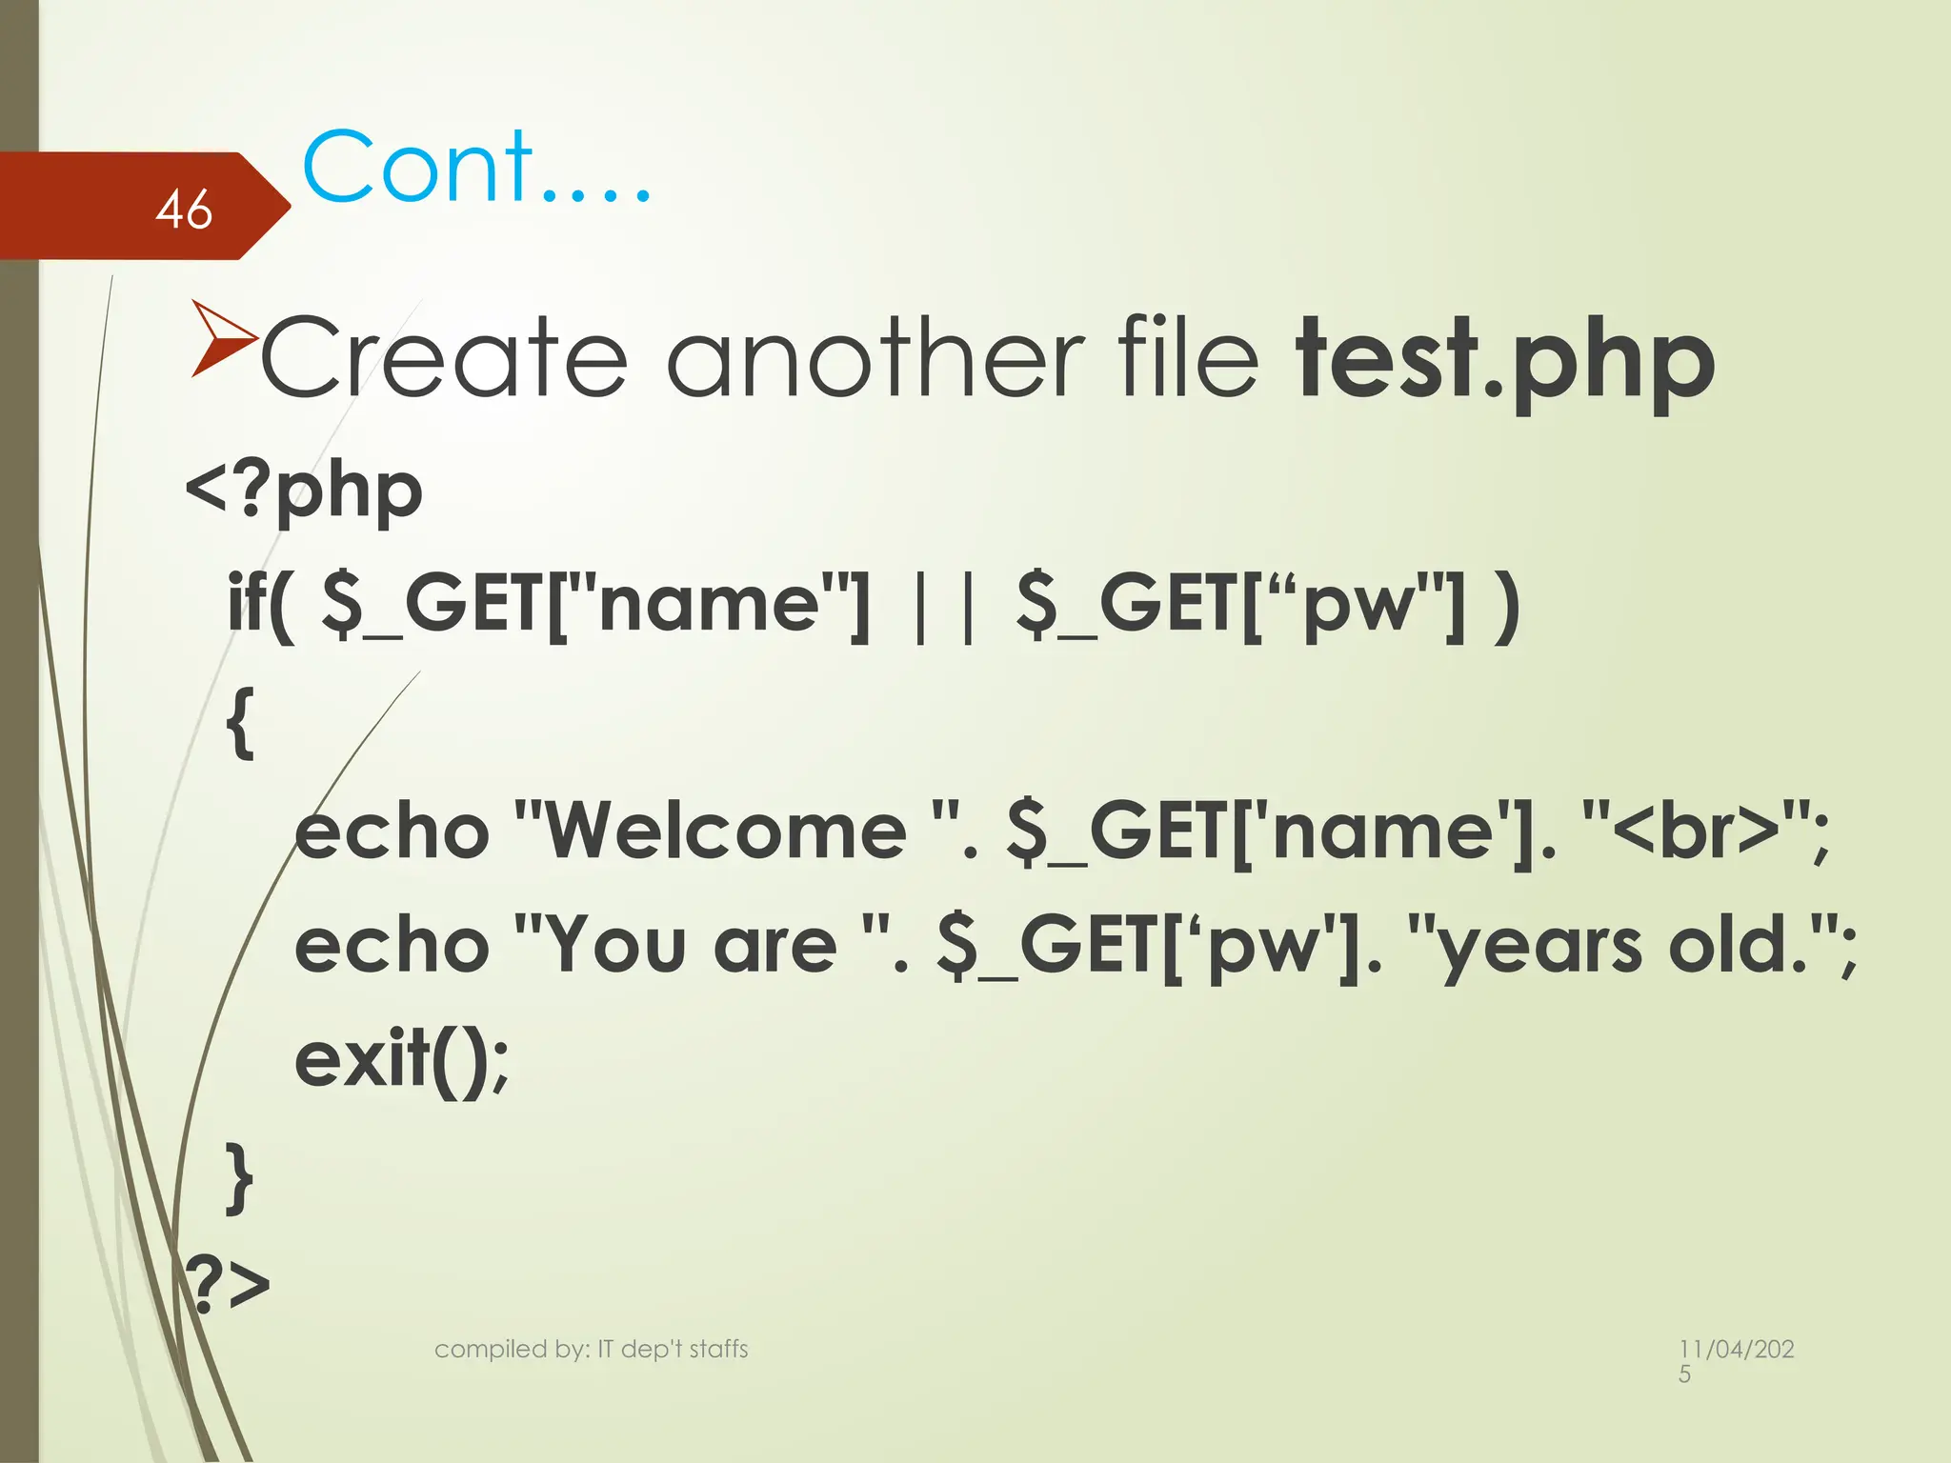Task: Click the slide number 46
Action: click(x=184, y=209)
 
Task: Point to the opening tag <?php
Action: click(x=304, y=491)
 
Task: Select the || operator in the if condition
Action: click(x=943, y=605)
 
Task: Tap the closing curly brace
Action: click(x=241, y=1179)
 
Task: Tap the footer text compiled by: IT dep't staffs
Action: click(x=591, y=1349)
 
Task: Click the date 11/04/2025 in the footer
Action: click(x=1736, y=1358)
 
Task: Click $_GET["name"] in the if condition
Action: click(x=595, y=605)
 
